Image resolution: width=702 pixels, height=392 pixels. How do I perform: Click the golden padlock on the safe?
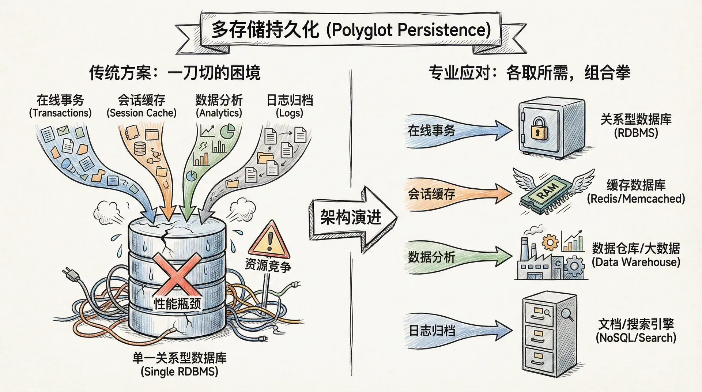pyautogui.click(x=536, y=129)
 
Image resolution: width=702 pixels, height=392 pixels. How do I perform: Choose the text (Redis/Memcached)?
pyautogui.click(x=636, y=199)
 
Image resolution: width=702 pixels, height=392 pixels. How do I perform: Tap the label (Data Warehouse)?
pyautogui.click(x=636, y=262)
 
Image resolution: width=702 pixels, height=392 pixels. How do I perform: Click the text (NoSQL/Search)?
pyautogui.click(x=636, y=338)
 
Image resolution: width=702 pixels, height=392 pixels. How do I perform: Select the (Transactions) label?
pyautogui.click(x=60, y=113)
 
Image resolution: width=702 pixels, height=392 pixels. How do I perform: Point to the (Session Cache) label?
pyautogui.click(x=141, y=113)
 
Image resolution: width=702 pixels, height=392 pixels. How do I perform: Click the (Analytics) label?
pyautogui.click(x=219, y=113)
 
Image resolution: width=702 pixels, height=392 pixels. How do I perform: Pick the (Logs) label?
pyautogui.click(x=290, y=113)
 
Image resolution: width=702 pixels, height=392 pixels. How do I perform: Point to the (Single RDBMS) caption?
pyautogui.click(x=179, y=372)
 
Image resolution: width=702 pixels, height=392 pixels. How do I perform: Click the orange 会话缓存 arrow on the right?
pyautogui.click(x=457, y=194)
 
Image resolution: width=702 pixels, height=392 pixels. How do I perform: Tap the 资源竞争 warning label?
pyautogui.click(x=268, y=265)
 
